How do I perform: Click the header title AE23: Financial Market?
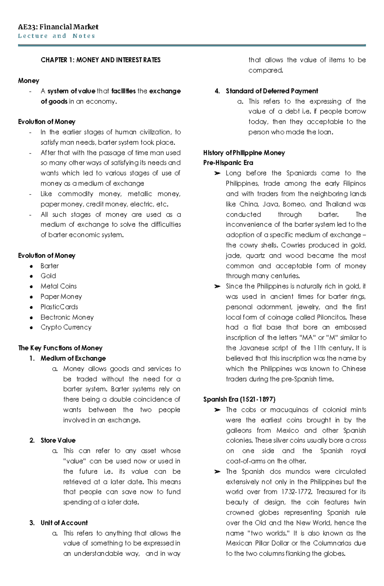(58, 27)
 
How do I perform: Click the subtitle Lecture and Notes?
(57, 36)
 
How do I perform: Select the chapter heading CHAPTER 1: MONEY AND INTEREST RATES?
(100, 60)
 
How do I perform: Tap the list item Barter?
(50, 266)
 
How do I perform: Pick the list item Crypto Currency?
(66, 327)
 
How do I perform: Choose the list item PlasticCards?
(59, 307)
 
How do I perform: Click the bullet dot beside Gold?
(31, 276)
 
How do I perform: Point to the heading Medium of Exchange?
(73, 358)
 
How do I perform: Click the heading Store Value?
(58, 440)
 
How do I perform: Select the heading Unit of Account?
(64, 523)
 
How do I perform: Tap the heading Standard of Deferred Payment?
(272, 91)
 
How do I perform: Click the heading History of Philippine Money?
(244, 153)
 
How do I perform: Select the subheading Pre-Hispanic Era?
(228, 163)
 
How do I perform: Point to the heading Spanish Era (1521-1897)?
(239, 399)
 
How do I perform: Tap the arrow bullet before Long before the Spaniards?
(217, 173)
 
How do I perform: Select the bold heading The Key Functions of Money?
(60, 348)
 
